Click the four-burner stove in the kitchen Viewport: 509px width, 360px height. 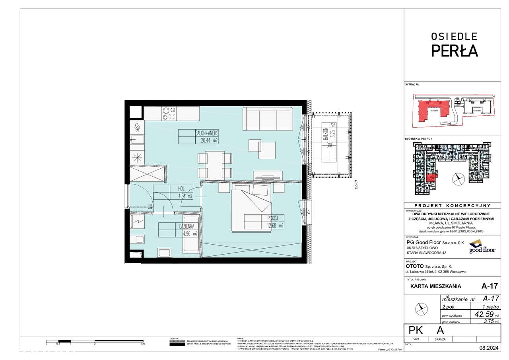pos(170,114)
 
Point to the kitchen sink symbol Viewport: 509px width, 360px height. pos(138,140)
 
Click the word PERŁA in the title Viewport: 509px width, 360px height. pos(455,51)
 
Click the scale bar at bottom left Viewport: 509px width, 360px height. pos(95,341)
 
